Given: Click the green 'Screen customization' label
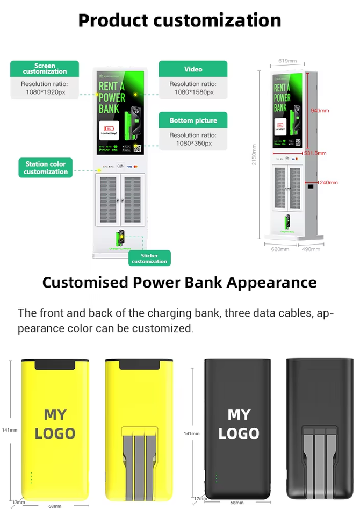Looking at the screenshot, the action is point(45,69).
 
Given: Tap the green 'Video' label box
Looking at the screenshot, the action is point(193,69).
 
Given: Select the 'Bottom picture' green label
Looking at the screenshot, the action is point(193,120).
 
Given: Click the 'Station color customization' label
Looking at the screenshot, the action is point(46,168).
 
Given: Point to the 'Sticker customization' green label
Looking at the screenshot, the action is point(149,258).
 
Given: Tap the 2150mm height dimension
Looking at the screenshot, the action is point(254,154).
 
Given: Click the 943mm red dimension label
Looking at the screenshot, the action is point(320,111).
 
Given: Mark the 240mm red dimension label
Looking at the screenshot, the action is point(328,183).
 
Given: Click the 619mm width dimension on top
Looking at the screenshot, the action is point(287,61).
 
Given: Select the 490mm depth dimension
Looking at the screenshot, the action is point(311,249).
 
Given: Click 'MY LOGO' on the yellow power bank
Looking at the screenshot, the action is point(55,424).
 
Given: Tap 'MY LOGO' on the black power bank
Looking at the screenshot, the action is point(239,424).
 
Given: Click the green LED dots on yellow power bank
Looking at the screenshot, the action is point(31,477).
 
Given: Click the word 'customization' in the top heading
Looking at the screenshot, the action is point(217,20).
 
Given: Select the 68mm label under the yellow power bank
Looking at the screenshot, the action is point(55,506).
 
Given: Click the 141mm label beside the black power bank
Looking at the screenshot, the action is point(191,433).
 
